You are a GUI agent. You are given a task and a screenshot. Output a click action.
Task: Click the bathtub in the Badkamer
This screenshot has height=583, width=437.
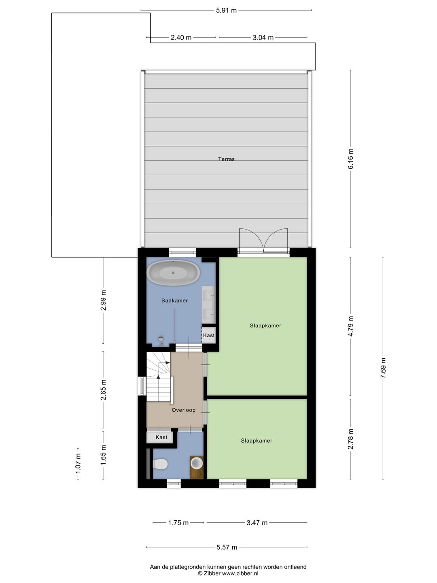pos(173,272)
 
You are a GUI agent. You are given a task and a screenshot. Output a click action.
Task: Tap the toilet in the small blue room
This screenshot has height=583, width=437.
pos(160,464)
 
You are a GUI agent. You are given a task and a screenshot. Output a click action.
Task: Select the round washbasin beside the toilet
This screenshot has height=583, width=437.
pos(197,463)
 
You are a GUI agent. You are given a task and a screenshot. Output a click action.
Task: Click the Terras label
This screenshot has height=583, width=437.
pos(226,159)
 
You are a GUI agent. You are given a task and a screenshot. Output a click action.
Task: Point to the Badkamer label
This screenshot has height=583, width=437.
pos(174,300)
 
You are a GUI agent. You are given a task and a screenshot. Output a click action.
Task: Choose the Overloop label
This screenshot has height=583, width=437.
pos(183,410)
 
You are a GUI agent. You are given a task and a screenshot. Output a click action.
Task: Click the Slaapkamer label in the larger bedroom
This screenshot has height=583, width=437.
pos(265,326)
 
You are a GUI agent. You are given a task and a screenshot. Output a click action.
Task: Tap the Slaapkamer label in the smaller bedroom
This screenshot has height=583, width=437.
pos(257,440)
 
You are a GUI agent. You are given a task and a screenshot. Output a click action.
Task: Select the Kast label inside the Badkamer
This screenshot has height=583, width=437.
pos(209,335)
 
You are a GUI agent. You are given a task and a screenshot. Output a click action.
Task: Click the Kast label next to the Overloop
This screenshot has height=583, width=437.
pos(161,437)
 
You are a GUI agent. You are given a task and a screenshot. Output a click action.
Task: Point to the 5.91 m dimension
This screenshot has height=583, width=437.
pos(226,11)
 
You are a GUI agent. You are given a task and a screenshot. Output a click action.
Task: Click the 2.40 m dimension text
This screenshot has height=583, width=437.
pos(181,38)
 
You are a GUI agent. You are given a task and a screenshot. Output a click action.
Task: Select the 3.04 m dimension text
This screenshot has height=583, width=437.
pos(263,38)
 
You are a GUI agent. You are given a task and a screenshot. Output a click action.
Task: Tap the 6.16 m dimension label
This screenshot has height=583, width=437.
pos(350,159)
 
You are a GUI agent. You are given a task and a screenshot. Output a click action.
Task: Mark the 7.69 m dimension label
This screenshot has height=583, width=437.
pos(383,368)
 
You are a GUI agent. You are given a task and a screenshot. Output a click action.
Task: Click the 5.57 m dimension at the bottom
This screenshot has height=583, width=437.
pos(227,547)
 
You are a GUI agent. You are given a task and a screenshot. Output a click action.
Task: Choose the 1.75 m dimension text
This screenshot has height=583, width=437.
pos(178,523)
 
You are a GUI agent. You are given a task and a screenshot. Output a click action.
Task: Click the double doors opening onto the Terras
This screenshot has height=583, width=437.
pos(263,241)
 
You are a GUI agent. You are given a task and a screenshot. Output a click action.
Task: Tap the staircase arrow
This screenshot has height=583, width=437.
pos(159,376)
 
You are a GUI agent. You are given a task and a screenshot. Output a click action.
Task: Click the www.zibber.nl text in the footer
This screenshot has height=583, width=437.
pos(240,573)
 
